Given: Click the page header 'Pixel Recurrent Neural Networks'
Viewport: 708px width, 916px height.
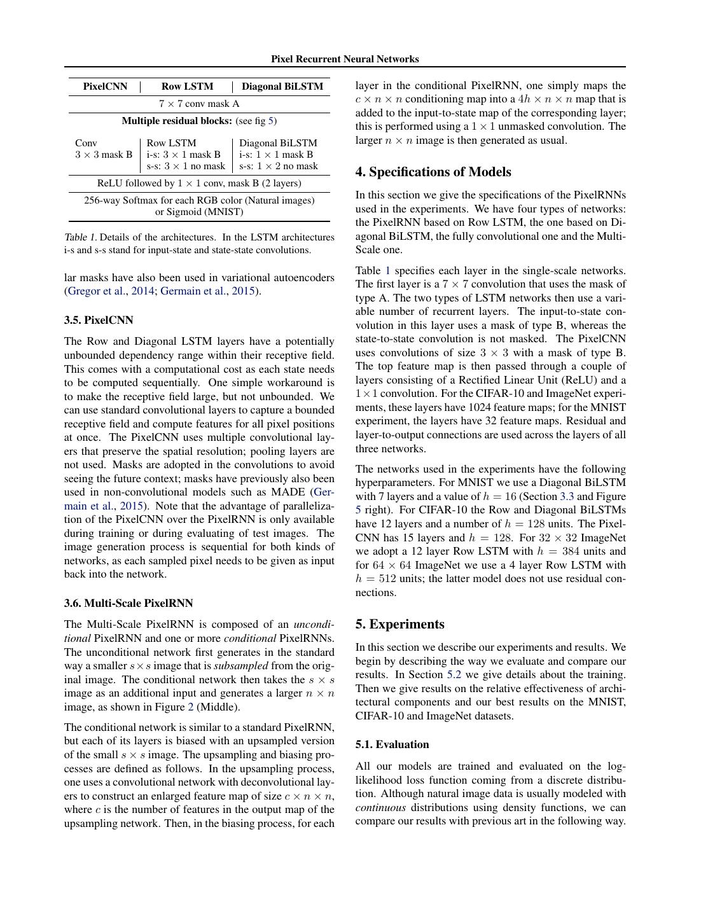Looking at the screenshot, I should point(345,59).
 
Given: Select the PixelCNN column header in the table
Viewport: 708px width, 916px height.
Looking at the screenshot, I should point(105,87).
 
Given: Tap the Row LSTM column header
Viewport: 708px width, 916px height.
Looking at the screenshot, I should point(187,87).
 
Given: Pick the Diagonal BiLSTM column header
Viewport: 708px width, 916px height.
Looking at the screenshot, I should point(282,87).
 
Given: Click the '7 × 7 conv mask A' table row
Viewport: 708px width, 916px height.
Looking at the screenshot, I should point(199,104).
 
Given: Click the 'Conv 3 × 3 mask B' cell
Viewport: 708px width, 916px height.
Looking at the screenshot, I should point(104,149).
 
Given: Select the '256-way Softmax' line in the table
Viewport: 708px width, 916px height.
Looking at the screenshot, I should point(199,200).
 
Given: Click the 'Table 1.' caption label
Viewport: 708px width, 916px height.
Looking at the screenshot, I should point(80,237).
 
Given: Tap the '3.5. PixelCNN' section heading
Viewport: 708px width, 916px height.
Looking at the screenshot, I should point(98,320).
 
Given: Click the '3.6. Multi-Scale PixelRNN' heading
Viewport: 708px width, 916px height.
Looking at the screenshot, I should point(128,603).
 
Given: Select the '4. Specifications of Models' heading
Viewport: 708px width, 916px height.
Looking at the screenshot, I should point(433,172).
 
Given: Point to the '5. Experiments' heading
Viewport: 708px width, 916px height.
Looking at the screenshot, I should point(399,624).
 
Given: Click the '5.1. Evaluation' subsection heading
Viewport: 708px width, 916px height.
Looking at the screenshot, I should point(392,744).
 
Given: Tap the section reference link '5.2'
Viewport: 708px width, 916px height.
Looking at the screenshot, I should point(454,675).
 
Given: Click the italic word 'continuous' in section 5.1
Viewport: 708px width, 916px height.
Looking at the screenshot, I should point(380,808).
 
